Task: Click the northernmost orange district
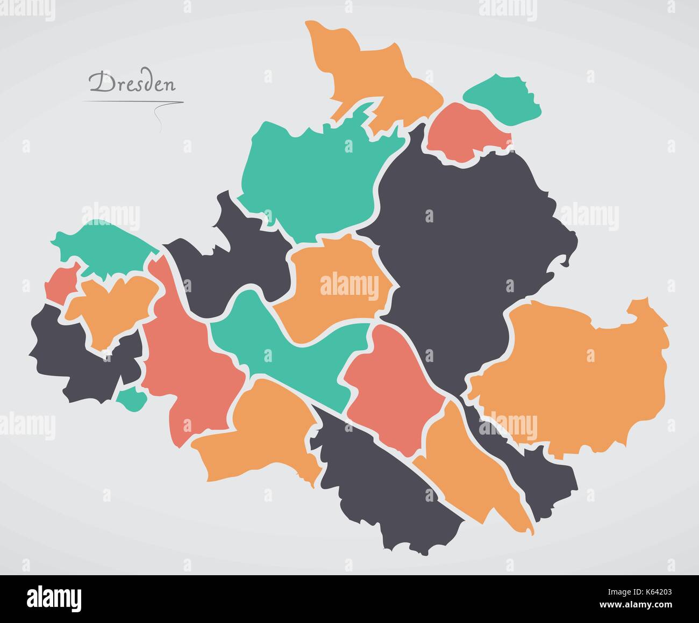click(376, 75)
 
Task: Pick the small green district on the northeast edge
click(503, 97)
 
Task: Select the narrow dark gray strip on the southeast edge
click(538, 467)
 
